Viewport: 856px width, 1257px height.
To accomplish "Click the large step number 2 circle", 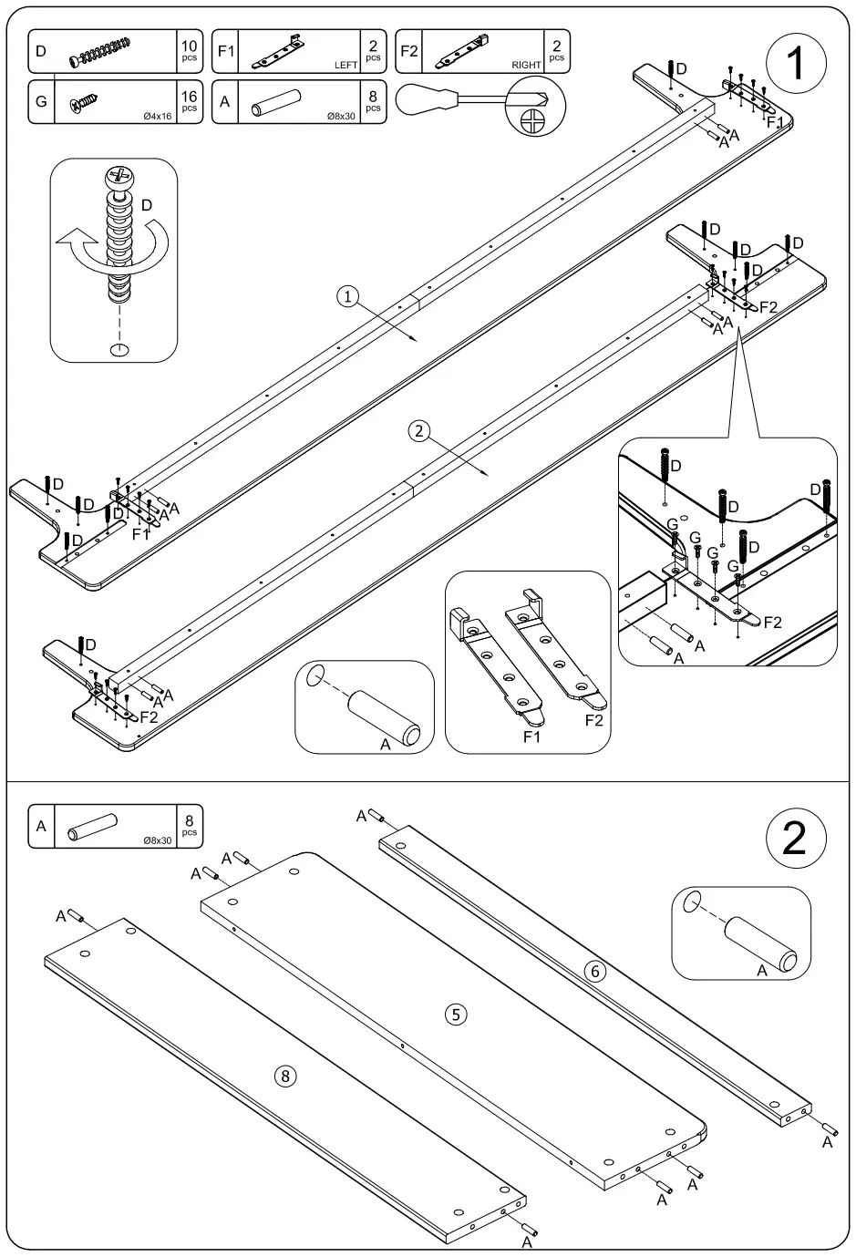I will [x=795, y=837].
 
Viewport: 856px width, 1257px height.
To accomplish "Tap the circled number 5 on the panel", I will [x=456, y=1013].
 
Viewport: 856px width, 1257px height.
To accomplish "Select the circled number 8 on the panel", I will [x=285, y=1077].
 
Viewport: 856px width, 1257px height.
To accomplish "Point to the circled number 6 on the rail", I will [x=594, y=972].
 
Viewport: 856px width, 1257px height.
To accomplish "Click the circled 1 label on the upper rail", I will [x=347, y=295].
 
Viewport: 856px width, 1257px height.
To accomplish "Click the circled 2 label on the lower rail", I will [x=418, y=431].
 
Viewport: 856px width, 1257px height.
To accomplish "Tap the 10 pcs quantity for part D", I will [x=190, y=51].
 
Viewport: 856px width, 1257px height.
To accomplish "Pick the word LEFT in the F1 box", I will [x=346, y=66].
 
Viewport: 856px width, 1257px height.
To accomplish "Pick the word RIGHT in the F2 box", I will [x=527, y=66].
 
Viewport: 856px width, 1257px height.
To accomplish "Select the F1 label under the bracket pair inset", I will [x=532, y=737].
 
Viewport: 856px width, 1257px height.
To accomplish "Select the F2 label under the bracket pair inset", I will [x=593, y=720].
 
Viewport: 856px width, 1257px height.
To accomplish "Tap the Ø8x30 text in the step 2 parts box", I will [x=158, y=840].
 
